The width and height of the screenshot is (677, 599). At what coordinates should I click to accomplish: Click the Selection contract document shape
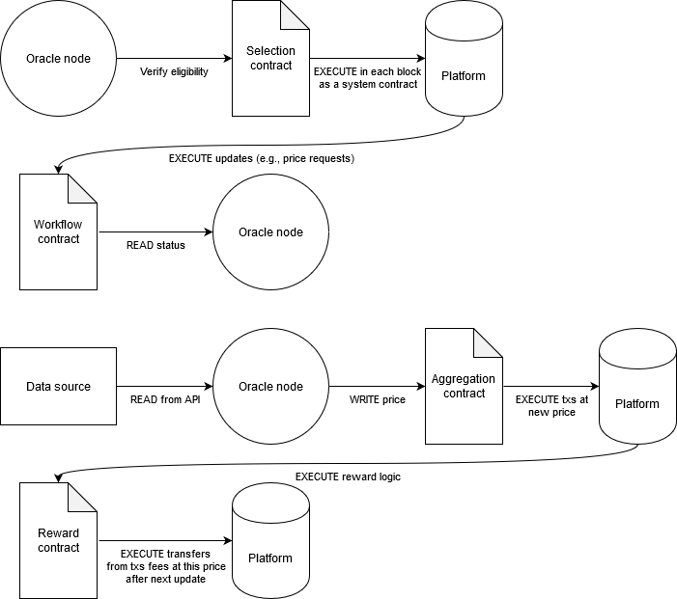tap(270, 59)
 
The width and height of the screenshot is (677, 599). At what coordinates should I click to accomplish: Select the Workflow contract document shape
tap(58, 232)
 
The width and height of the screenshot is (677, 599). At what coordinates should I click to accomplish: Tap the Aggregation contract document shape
tap(464, 387)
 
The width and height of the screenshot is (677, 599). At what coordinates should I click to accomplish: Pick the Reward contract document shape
tap(58, 541)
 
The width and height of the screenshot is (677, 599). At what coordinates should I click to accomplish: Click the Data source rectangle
tap(58, 387)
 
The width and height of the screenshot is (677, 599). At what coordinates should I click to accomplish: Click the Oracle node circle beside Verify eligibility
tap(58, 59)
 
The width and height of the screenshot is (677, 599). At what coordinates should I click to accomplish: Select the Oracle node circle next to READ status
tap(270, 232)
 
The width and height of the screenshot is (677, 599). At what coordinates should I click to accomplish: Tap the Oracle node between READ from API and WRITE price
tap(270, 387)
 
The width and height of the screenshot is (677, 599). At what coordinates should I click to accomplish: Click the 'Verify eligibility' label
tap(174, 71)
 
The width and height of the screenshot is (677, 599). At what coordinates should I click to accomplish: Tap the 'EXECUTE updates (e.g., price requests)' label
tap(262, 157)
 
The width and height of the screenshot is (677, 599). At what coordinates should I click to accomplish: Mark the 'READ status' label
tap(155, 245)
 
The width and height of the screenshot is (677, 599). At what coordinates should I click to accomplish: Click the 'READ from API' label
tap(165, 399)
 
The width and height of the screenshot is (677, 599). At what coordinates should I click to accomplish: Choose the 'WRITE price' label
tap(377, 399)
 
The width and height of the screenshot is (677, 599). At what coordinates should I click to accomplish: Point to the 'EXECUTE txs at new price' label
tap(551, 405)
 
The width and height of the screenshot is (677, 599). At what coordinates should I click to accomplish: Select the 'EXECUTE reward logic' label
tap(348, 476)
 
